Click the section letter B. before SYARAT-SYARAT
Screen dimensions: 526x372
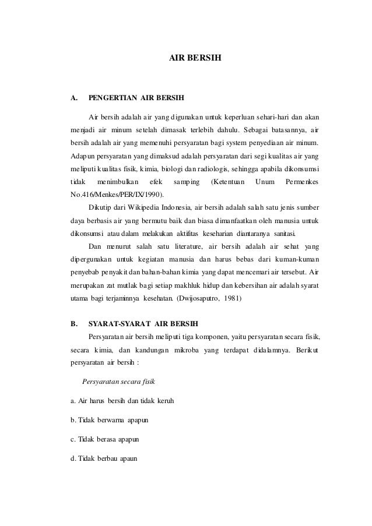tap(74, 322)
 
